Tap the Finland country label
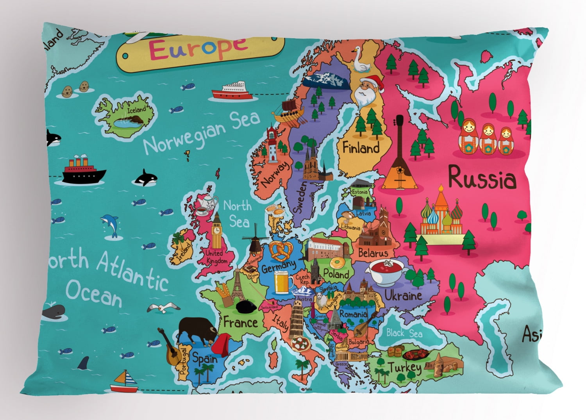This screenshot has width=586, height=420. click(361, 148)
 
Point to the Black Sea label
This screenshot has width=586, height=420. click(404, 333)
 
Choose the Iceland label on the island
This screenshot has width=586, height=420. click(136, 109)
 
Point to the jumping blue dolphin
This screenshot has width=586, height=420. click(110, 225)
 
